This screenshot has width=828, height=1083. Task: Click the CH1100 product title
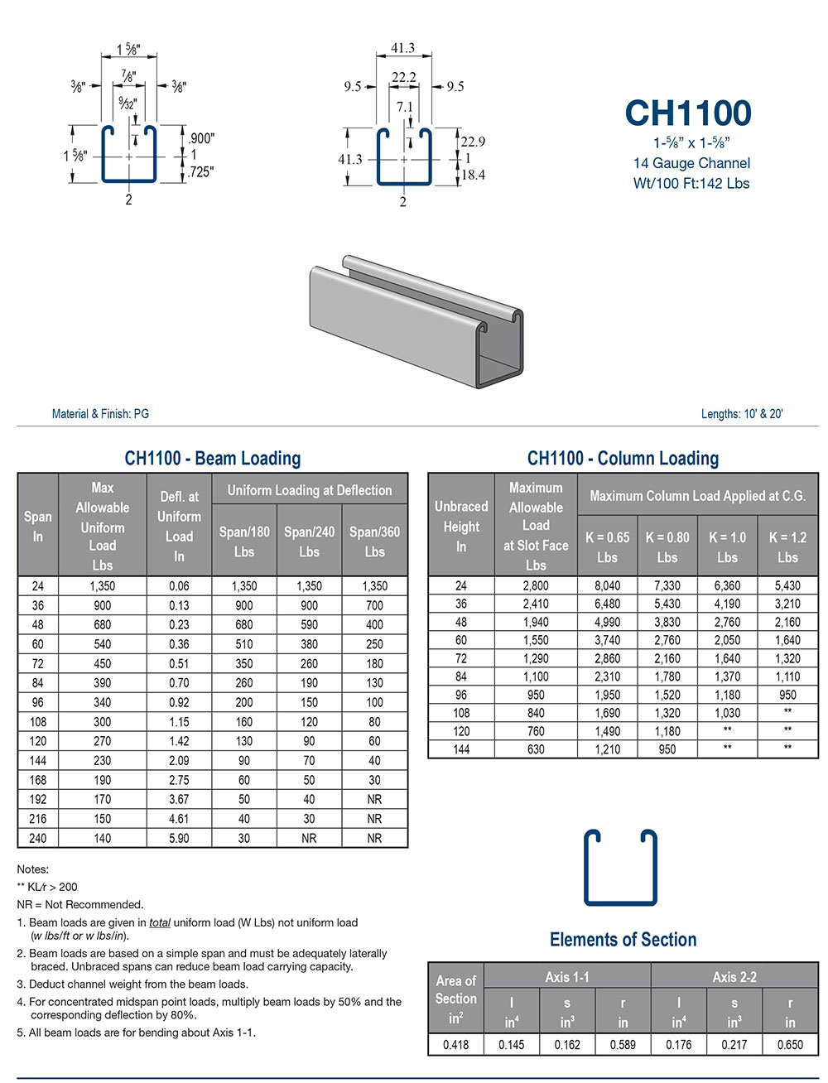tap(688, 113)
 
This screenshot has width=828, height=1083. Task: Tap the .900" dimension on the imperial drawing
tap(200, 138)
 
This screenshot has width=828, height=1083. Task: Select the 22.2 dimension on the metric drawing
tap(403, 78)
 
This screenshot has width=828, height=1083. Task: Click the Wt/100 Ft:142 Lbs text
tap(691, 184)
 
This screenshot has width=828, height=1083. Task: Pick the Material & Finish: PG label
tap(100, 414)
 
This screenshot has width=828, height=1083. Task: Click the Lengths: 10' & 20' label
tap(742, 414)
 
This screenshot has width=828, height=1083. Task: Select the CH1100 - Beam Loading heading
tap(212, 459)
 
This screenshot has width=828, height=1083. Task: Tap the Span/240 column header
tap(309, 541)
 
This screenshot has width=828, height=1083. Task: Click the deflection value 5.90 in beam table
tap(179, 838)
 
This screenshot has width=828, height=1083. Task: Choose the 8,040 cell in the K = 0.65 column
tap(607, 585)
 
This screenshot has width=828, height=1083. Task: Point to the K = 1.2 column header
tap(787, 546)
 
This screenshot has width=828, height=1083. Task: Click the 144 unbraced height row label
tap(461, 749)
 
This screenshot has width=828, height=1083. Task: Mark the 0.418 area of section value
tap(455, 1045)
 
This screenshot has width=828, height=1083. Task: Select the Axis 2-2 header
tap(734, 977)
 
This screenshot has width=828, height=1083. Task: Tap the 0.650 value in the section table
tap(790, 1045)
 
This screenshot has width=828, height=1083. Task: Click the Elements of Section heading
tap(623, 940)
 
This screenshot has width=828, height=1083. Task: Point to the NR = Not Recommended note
tap(80, 904)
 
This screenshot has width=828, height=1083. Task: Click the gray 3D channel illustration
tap(418, 319)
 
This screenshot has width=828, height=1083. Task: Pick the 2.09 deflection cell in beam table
tap(179, 760)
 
